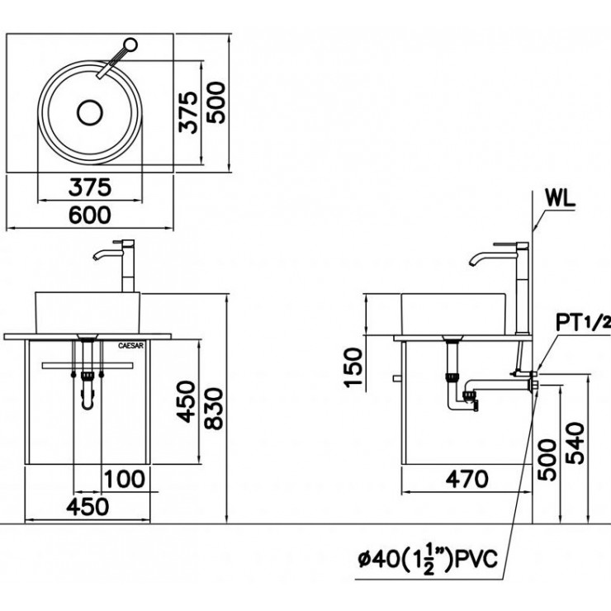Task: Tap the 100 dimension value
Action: [125, 479]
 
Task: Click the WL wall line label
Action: [561, 199]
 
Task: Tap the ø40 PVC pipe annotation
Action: [428, 561]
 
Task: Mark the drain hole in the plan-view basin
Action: [88, 112]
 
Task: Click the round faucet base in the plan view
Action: [131, 45]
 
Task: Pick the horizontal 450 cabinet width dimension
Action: [86, 506]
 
